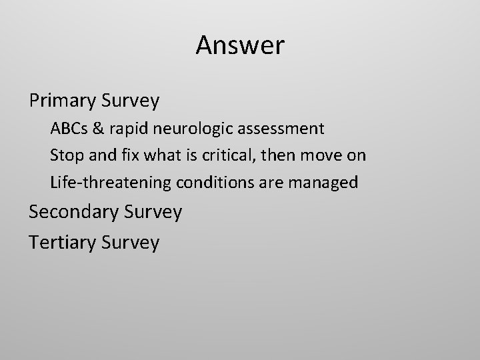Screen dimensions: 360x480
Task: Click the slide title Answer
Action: pos(240,45)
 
